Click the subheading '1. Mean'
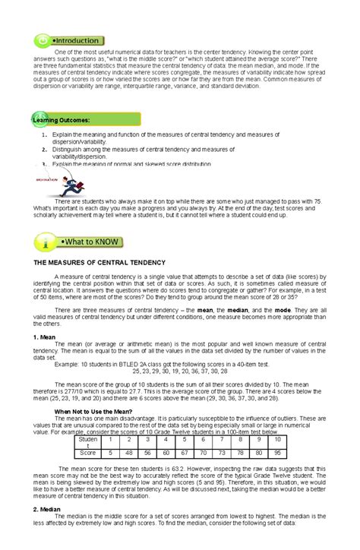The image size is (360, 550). pyautogui.click(x=46, y=336)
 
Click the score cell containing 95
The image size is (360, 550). pyautogui.click(x=320, y=452)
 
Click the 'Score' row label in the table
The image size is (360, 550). pyautogui.click(x=87, y=452)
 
